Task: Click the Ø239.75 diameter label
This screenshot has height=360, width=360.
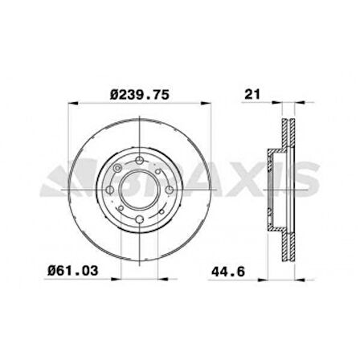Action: point(141,93)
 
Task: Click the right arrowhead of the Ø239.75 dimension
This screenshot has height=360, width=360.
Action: point(212,104)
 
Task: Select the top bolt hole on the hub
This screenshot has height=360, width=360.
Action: point(141,163)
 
